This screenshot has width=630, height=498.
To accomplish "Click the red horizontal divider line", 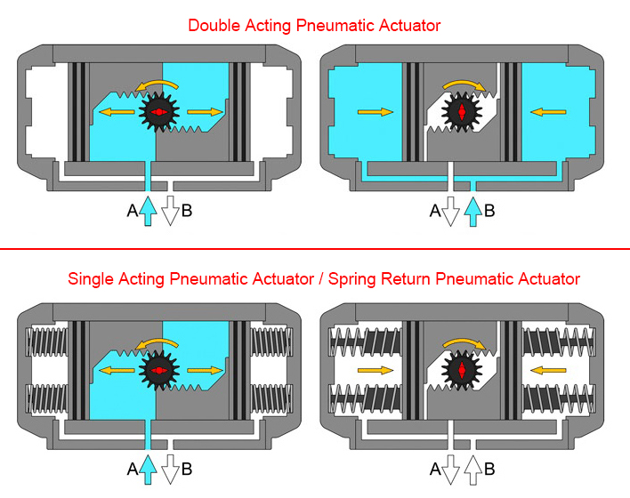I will [315, 249].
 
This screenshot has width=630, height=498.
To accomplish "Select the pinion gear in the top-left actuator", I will [158, 112].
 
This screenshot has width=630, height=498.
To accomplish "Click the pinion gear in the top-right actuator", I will [462, 112].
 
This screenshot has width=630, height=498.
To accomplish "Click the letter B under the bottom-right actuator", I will [489, 469].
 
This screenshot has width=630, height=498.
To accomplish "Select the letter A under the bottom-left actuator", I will [133, 469].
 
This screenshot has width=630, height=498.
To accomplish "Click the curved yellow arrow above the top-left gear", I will [157, 84].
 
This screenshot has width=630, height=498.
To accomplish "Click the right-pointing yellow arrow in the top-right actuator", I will [375, 112].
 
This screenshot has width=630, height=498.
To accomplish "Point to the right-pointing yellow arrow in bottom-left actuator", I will [206, 369].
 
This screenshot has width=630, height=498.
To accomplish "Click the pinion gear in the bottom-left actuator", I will [158, 369].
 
